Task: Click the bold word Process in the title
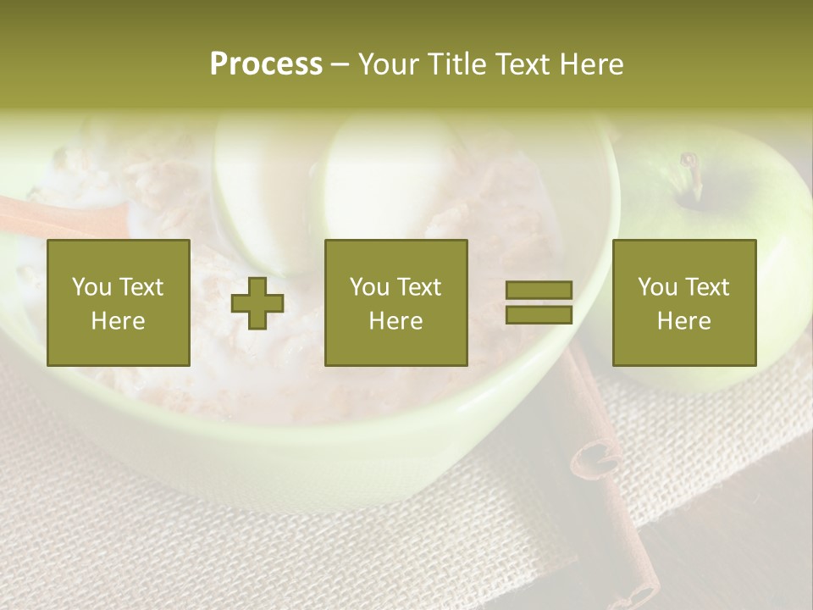(x=266, y=64)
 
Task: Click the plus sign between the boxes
(x=257, y=303)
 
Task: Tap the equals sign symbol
(x=539, y=302)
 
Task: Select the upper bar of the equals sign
(x=539, y=291)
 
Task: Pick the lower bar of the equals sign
(x=539, y=315)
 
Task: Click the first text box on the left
(x=119, y=302)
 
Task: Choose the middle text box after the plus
(x=396, y=302)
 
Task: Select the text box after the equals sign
(x=684, y=302)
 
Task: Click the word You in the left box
(x=91, y=287)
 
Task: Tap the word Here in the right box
(x=684, y=321)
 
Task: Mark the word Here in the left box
(x=119, y=321)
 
